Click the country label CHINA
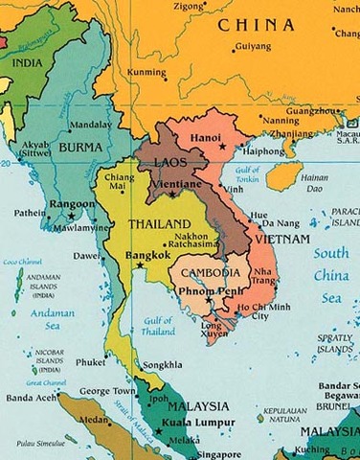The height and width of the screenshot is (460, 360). click(256, 25)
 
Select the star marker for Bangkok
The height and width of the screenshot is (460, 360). click(141, 265)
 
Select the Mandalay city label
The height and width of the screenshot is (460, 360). click(93, 125)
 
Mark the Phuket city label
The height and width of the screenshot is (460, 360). click(91, 362)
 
